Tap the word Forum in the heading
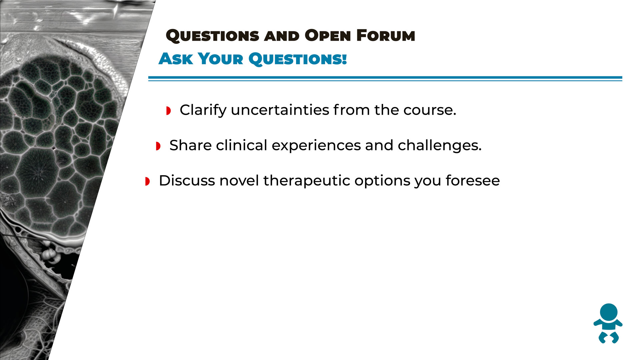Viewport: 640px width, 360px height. pos(386,35)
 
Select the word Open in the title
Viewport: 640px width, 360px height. pos(328,36)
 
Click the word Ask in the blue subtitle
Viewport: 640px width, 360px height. pos(176,59)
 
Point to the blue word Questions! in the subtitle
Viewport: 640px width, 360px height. pos(298,59)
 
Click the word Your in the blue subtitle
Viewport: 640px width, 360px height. pos(221,59)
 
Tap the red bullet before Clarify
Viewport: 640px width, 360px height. pos(168,111)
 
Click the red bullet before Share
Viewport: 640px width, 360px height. pos(158,146)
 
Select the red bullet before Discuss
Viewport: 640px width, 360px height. pos(147,181)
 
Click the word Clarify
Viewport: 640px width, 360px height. pos(203,110)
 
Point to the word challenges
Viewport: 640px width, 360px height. pos(440,146)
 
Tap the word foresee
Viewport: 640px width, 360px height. pos(473,181)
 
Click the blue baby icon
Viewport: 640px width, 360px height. pos(608,323)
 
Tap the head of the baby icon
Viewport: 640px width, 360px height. pos(609,312)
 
